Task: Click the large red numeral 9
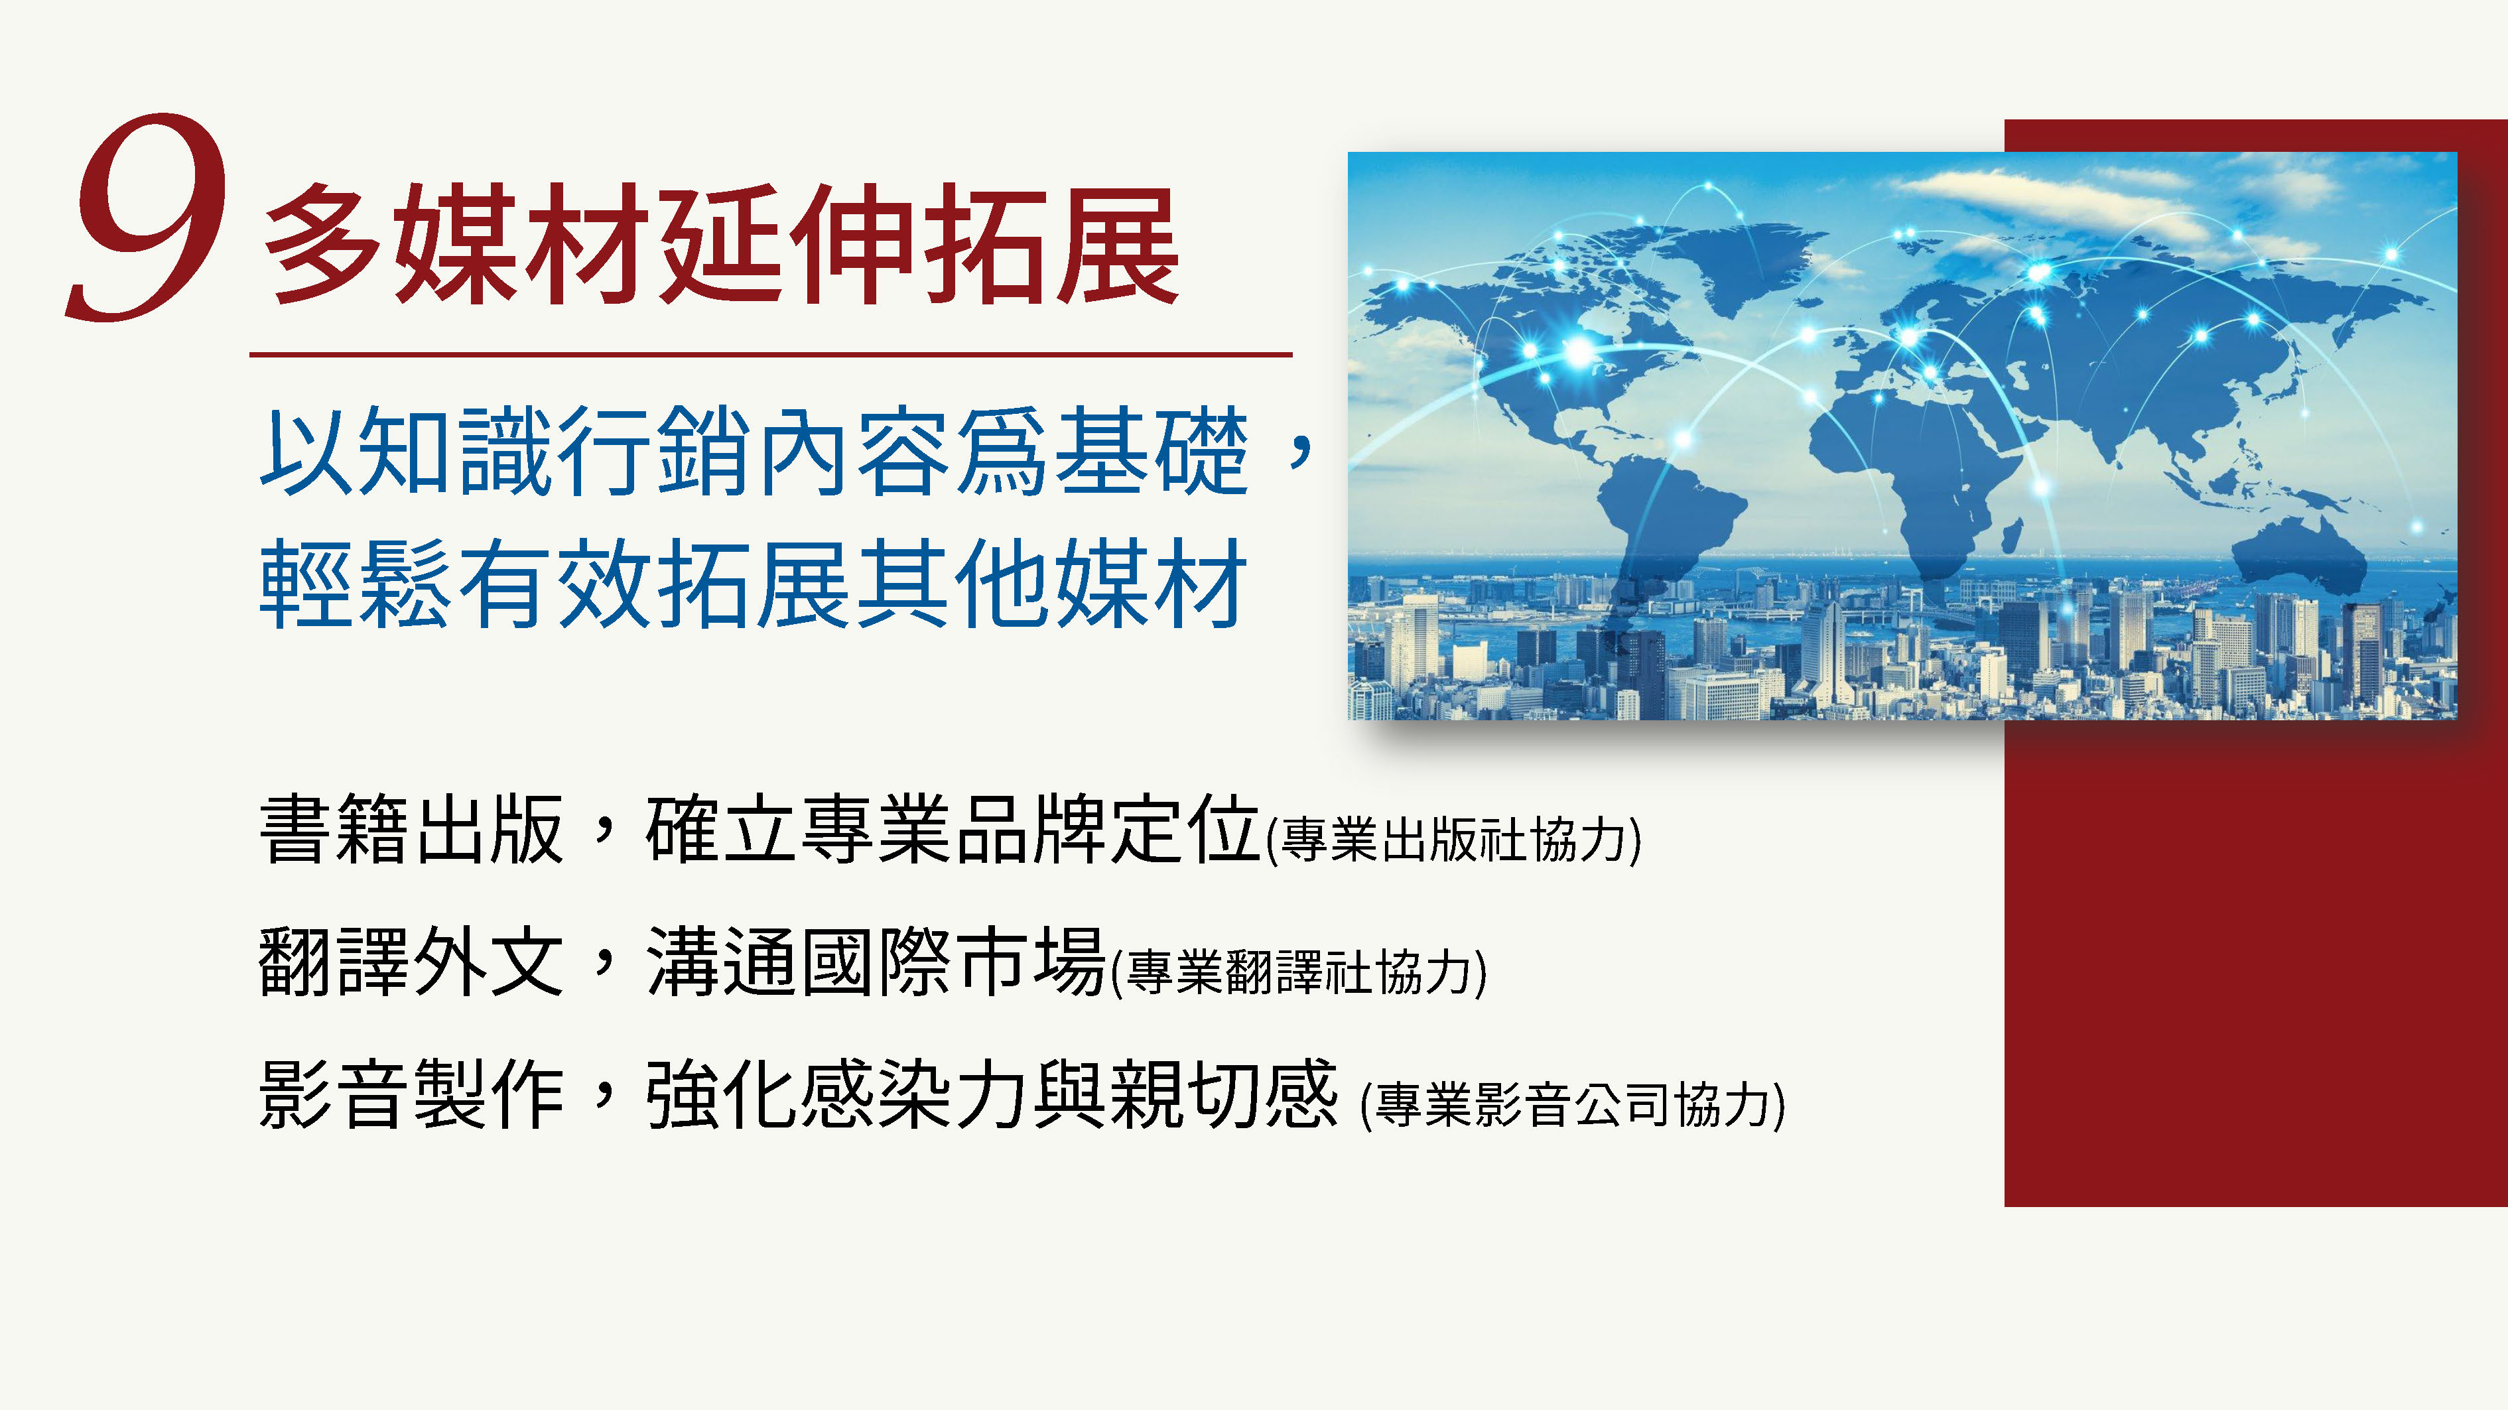(x=146, y=216)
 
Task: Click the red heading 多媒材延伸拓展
(x=722, y=245)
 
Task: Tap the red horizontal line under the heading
(x=770, y=354)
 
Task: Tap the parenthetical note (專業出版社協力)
(x=1453, y=840)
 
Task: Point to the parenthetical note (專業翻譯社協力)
(x=1299, y=972)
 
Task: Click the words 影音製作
(x=412, y=1094)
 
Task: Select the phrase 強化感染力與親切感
(x=991, y=1094)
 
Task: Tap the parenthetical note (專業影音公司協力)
(x=1572, y=1104)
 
